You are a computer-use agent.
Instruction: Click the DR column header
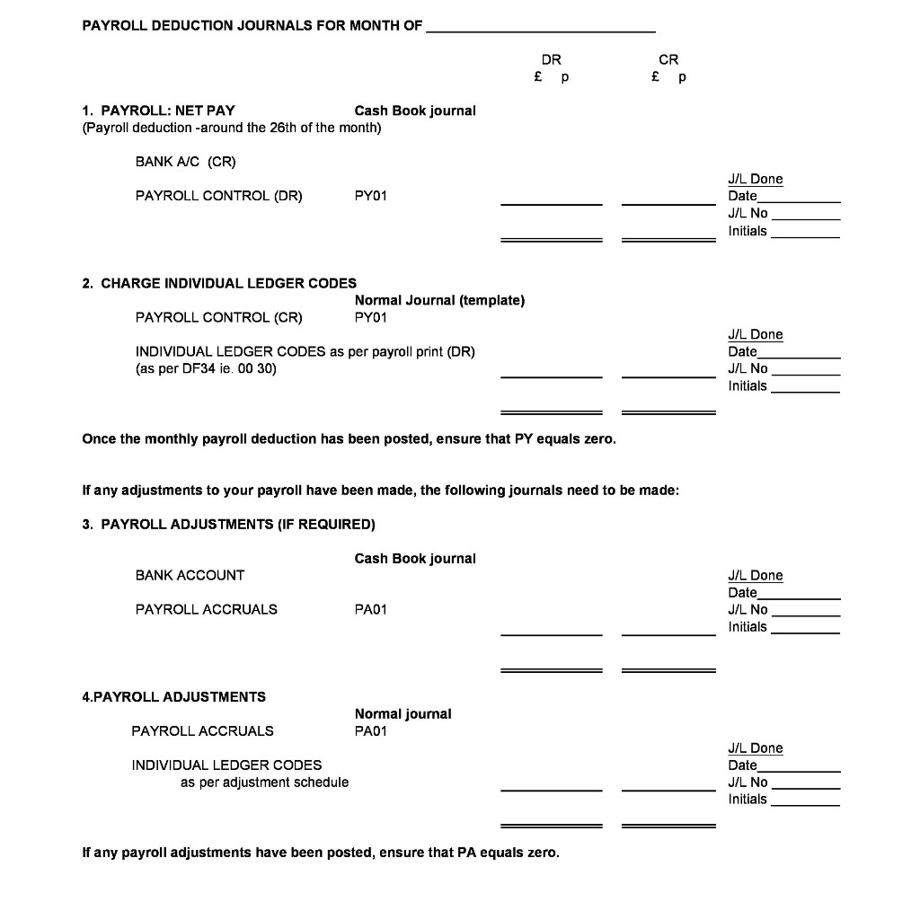pos(552,59)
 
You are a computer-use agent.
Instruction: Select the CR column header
pos(668,59)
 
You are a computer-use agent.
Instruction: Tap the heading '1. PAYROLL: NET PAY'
pos(158,111)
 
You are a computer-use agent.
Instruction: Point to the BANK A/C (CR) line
pos(185,162)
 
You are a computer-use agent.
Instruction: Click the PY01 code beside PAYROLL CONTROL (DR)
pos(371,196)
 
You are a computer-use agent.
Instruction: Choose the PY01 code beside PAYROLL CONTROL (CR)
pos(371,317)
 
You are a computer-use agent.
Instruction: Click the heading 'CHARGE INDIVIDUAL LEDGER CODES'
pos(228,283)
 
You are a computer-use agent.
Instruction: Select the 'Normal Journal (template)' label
pos(439,300)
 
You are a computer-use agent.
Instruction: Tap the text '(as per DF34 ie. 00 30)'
pos(206,368)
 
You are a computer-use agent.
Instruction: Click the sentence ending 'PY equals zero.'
pos(349,439)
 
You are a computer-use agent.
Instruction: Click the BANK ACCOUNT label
pos(190,575)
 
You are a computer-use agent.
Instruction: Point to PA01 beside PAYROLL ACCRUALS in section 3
pos(371,609)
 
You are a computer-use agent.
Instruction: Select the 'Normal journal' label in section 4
pos(402,713)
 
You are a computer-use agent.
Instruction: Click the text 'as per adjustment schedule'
pos(264,783)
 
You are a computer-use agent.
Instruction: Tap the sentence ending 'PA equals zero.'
pos(320,852)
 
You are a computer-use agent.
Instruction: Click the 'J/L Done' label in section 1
pos(755,180)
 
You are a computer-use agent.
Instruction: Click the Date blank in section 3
pos(799,595)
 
